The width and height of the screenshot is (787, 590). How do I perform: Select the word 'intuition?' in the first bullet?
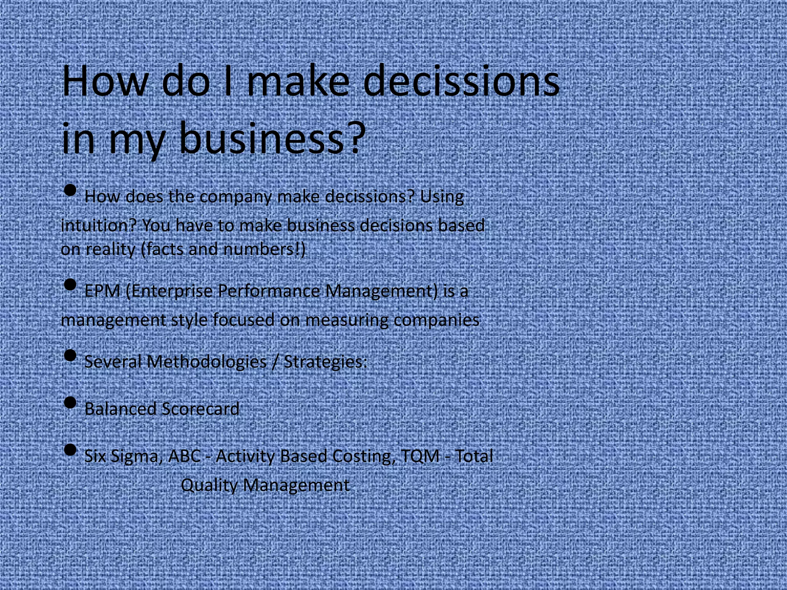[x=99, y=225]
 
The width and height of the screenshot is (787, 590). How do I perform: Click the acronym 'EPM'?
[x=102, y=291]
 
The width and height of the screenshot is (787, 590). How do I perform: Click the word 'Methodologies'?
[x=207, y=362]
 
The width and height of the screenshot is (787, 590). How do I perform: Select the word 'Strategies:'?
[x=325, y=362]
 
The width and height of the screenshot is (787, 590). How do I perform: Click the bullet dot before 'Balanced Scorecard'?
[x=70, y=403]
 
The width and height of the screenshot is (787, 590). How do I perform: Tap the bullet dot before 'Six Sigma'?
[x=70, y=450]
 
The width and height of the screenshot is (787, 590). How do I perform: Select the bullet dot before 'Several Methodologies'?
[x=70, y=355]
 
